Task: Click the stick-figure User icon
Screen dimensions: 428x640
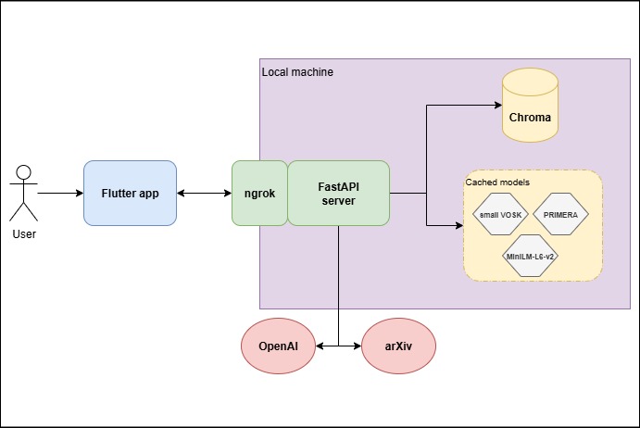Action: pyautogui.click(x=24, y=193)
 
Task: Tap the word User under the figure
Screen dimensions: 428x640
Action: pyautogui.click(x=24, y=233)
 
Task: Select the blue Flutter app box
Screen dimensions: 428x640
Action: pyautogui.click(x=130, y=193)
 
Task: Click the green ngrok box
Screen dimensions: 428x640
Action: pyautogui.click(x=259, y=193)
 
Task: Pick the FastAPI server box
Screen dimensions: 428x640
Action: pyautogui.click(x=338, y=193)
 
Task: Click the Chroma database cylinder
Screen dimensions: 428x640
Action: pyautogui.click(x=530, y=107)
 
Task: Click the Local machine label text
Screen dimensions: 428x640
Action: pyautogui.click(x=297, y=71)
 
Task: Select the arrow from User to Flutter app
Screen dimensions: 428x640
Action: pyautogui.click(x=61, y=193)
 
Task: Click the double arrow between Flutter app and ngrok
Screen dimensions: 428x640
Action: pyautogui.click(x=204, y=193)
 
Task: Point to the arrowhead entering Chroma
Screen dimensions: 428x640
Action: pyautogui.click(x=496, y=106)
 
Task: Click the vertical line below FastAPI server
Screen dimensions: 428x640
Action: pyautogui.click(x=338, y=278)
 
